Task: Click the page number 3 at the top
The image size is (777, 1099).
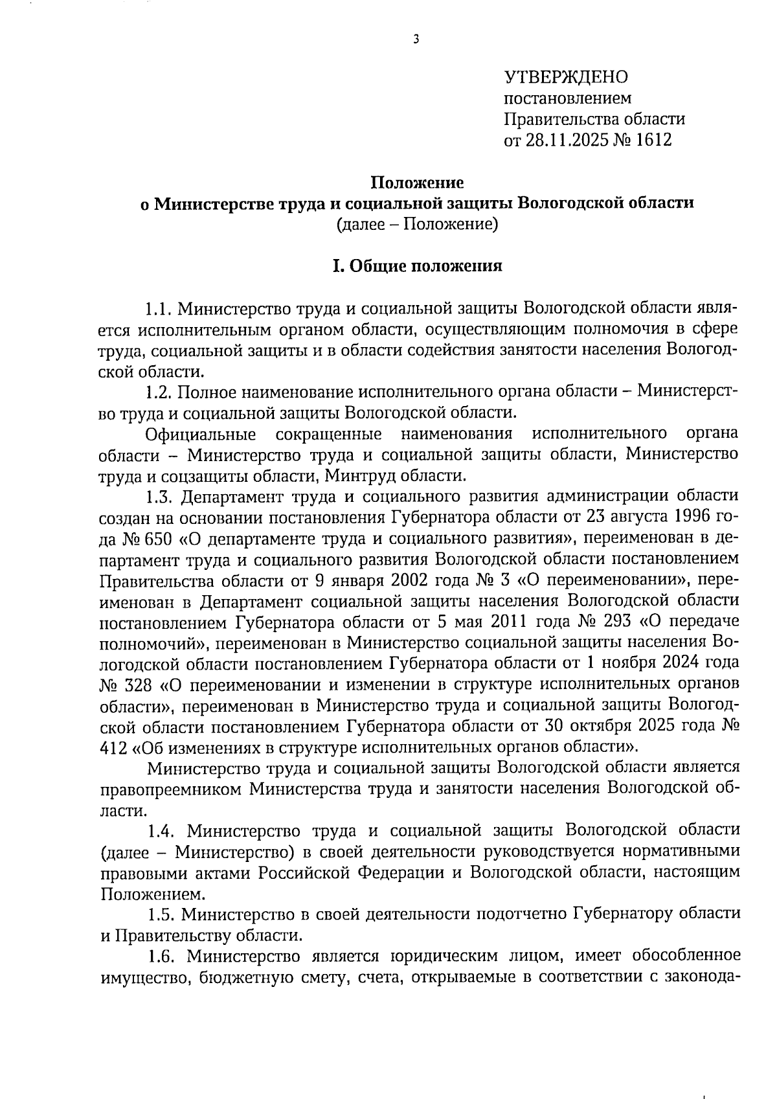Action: click(x=416, y=40)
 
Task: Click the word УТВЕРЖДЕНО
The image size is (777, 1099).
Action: click(x=566, y=78)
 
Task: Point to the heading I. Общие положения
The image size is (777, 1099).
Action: click(x=417, y=267)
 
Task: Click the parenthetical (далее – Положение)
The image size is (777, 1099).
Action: click(x=417, y=225)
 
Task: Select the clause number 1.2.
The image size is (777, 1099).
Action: click(x=158, y=392)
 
